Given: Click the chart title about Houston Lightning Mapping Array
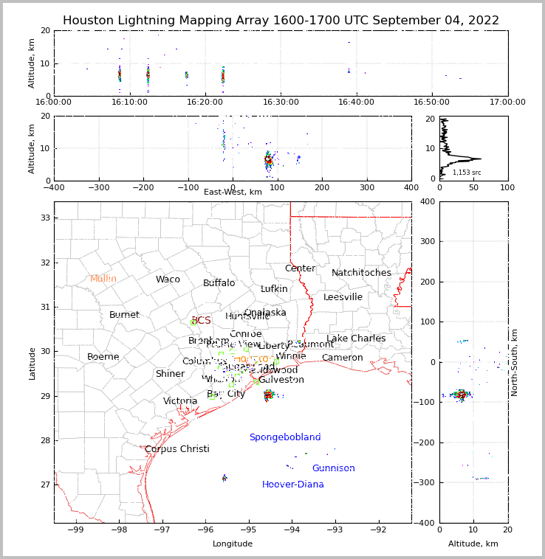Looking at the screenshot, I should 281,21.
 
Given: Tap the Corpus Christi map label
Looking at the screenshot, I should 176,449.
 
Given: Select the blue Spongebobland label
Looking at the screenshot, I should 284,437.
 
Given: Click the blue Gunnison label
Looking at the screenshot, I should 333,468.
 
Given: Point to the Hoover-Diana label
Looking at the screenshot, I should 292,485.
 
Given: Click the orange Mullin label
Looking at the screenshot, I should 103,279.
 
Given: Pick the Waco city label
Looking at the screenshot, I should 168,279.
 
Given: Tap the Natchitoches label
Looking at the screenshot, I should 361,273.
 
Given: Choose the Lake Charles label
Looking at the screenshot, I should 356,338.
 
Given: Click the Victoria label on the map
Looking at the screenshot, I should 180,401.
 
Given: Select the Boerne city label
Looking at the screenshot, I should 103,357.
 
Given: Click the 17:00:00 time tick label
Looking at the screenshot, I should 507,102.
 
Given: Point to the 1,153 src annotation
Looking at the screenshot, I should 467,173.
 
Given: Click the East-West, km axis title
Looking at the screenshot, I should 233,192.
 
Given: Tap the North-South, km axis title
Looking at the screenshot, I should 515,362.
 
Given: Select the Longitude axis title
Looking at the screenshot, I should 233,544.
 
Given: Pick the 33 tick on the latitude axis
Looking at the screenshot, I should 44,218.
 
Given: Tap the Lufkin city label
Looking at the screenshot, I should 274,289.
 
